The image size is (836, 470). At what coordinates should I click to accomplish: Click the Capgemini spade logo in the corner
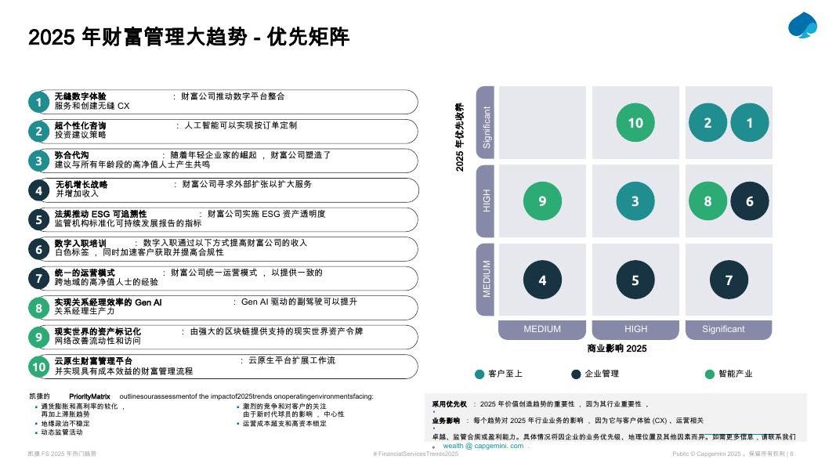(x=803, y=25)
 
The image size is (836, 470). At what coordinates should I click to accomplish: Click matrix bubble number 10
(x=635, y=123)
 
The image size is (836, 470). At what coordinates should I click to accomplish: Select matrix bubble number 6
(x=750, y=201)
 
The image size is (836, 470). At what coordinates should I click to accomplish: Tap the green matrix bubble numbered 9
(x=542, y=201)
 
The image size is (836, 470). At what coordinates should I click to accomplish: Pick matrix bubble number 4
(x=542, y=280)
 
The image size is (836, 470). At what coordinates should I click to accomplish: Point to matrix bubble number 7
(x=729, y=280)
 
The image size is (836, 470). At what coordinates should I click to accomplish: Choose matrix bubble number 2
(x=708, y=123)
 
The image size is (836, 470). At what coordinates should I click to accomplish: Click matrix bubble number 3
(x=635, y=201)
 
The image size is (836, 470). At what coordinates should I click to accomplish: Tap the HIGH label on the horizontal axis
(x=635, y=329)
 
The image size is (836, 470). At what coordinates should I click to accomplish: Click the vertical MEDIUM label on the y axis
(x=487, y=279)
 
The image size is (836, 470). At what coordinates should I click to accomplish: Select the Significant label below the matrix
(x=723, y=329)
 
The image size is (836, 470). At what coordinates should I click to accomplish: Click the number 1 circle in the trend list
(x=38, y=102)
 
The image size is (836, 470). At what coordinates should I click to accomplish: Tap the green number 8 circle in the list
(x=38, y=308)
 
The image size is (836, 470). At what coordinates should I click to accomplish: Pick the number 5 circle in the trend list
(x=38, y=219)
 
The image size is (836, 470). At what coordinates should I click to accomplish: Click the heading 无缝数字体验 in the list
(x=81, y=96)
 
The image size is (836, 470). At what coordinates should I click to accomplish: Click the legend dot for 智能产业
(x=710, y=374)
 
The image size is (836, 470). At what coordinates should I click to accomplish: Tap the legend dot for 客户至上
(x=480, y=374)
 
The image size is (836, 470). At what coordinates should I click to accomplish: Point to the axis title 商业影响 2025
(x=617, y=349)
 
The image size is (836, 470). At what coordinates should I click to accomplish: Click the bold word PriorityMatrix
(x=89, y=396)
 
